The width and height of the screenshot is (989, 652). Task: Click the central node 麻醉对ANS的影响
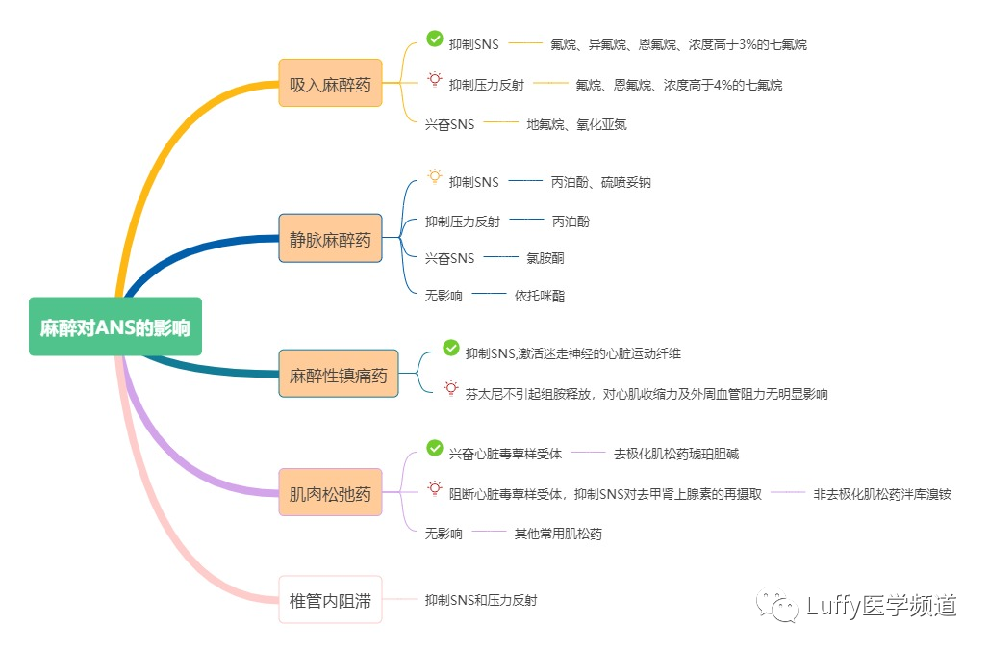[115, 326]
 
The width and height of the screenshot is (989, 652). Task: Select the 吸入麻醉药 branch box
[330, 83]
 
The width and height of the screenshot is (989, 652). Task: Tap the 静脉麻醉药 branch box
[330, 239]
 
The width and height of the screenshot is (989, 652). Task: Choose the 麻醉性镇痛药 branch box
[338, 375]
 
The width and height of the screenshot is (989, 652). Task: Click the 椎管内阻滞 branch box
[330, 600]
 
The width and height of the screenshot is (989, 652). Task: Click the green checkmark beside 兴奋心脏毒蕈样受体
[434, 448]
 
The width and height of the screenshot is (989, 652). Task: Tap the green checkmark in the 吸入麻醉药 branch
[434, 39]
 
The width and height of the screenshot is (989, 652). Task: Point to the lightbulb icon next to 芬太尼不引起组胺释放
[450, 387]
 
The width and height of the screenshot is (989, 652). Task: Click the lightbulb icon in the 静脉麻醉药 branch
[434, 176]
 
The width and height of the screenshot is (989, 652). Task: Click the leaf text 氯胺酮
[545, 258]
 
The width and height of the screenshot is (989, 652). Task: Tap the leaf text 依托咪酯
[540, 296]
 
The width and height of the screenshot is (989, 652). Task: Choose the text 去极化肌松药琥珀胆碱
[676, 453]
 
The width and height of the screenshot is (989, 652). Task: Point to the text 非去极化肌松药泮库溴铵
[882, 494]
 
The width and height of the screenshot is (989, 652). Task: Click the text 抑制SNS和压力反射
[481, 600]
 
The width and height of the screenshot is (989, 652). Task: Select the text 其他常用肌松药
[558, 534]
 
